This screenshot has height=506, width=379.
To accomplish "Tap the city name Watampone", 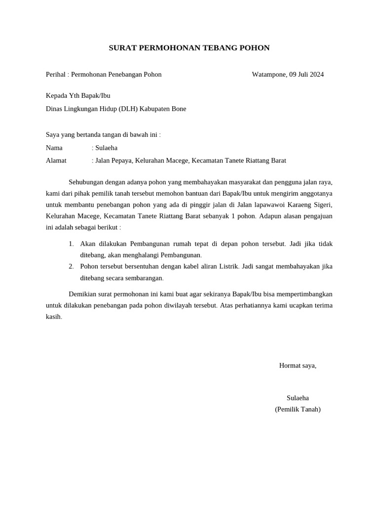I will (x=269, y=75).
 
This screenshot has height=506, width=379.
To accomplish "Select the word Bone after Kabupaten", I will (x=179, y=109).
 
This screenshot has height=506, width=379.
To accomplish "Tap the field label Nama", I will (x=54, y=148).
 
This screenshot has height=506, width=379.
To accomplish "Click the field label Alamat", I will (x=56, y=161).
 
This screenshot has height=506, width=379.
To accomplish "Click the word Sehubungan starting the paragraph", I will (x=86, y=182).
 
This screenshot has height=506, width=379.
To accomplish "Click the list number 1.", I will (x=71, y=244).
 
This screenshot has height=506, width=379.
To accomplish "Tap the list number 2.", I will (x=71, y=267).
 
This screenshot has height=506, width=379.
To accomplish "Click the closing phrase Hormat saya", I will (x=298, y=366).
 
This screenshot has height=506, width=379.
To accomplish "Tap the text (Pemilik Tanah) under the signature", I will (x=298, y=409).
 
